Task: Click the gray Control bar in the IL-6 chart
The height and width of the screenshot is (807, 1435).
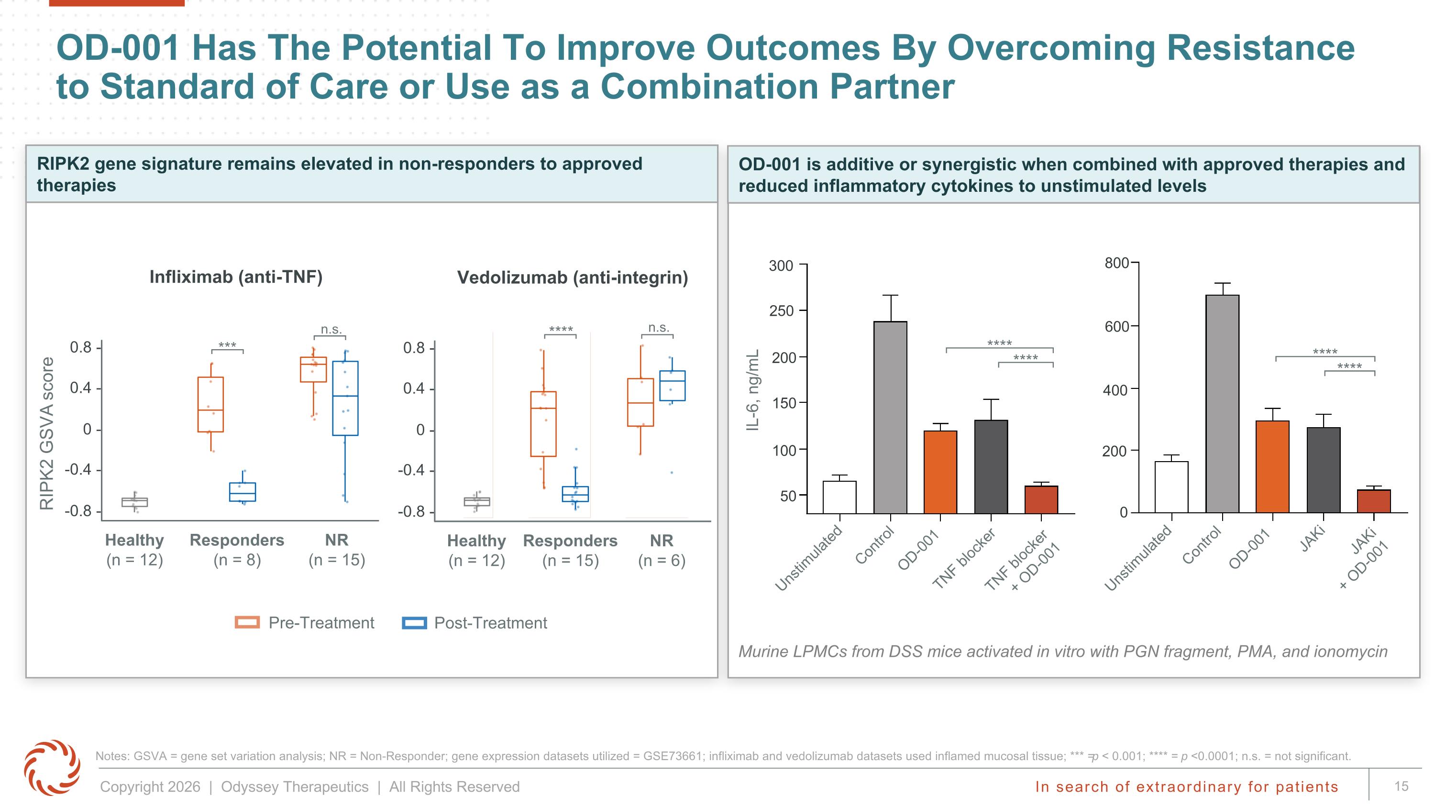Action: tap(890, 417)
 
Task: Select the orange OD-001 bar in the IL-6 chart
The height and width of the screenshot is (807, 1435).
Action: tap(940, 472)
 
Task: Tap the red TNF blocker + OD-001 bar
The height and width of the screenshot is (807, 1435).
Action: tap(1041, 499)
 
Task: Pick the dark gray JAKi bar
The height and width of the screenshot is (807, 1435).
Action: tap(1324, 470)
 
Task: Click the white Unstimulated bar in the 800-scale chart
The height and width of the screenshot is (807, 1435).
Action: tap(1171, 487)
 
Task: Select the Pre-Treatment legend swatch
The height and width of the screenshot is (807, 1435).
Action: tap(247, 623)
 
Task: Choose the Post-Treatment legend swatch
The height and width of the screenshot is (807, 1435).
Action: tap(414, 623)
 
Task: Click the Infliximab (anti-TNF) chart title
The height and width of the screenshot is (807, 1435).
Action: tap(236, 277)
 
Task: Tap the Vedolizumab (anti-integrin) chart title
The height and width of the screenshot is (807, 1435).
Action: tap(573, 277)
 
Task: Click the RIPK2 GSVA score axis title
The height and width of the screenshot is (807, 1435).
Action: tap(47, 433)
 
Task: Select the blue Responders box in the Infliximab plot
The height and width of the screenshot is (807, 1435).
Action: tap(243, 492)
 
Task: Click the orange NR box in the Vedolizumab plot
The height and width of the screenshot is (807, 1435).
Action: tap(640, 403)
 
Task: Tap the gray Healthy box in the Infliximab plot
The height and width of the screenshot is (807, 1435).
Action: tap(135, 502)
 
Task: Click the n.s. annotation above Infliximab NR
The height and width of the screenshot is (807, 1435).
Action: tap(331, 329)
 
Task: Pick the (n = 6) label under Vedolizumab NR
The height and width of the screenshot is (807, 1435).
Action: tap(662, 560)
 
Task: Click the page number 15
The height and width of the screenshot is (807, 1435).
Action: tap(1402, 786)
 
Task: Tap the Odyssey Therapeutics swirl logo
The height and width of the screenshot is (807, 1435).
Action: tap(52, 767)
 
